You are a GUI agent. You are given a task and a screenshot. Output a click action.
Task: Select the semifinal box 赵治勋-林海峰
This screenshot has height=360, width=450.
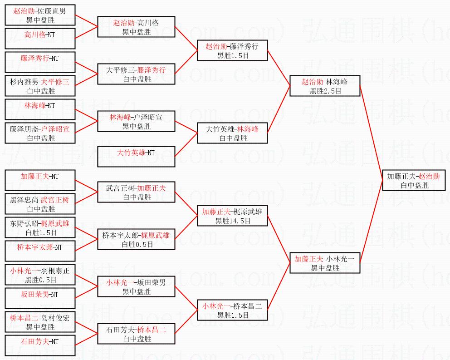point(324,86)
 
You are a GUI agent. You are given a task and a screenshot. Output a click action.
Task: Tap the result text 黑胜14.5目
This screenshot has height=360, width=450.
point(233,221)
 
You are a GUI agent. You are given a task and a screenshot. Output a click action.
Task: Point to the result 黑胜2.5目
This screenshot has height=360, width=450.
point(325,91)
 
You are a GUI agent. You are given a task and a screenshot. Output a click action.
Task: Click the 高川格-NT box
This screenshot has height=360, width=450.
point(39,38)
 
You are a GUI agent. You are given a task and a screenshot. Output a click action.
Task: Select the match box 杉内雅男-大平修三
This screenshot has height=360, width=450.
point(39,86)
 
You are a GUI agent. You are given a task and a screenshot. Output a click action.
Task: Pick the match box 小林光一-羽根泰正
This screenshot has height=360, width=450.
point(39,275)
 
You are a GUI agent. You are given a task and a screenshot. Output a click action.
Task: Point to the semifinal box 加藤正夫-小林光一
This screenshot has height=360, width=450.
point(324,263)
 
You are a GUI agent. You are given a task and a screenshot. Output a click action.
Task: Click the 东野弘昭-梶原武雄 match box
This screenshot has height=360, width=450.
point(39,227)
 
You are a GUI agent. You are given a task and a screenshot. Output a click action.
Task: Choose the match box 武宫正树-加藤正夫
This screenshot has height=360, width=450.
point(137,192)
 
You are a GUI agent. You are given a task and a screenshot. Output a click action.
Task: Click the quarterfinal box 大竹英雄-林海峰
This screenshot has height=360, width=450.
point(233,133)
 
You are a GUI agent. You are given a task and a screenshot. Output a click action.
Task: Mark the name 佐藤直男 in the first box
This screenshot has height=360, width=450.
point(52,11)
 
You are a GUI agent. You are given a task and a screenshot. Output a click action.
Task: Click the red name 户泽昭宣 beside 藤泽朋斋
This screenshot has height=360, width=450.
point(56,129)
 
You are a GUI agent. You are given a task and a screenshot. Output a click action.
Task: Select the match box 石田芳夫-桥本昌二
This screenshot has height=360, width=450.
point(137,334)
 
